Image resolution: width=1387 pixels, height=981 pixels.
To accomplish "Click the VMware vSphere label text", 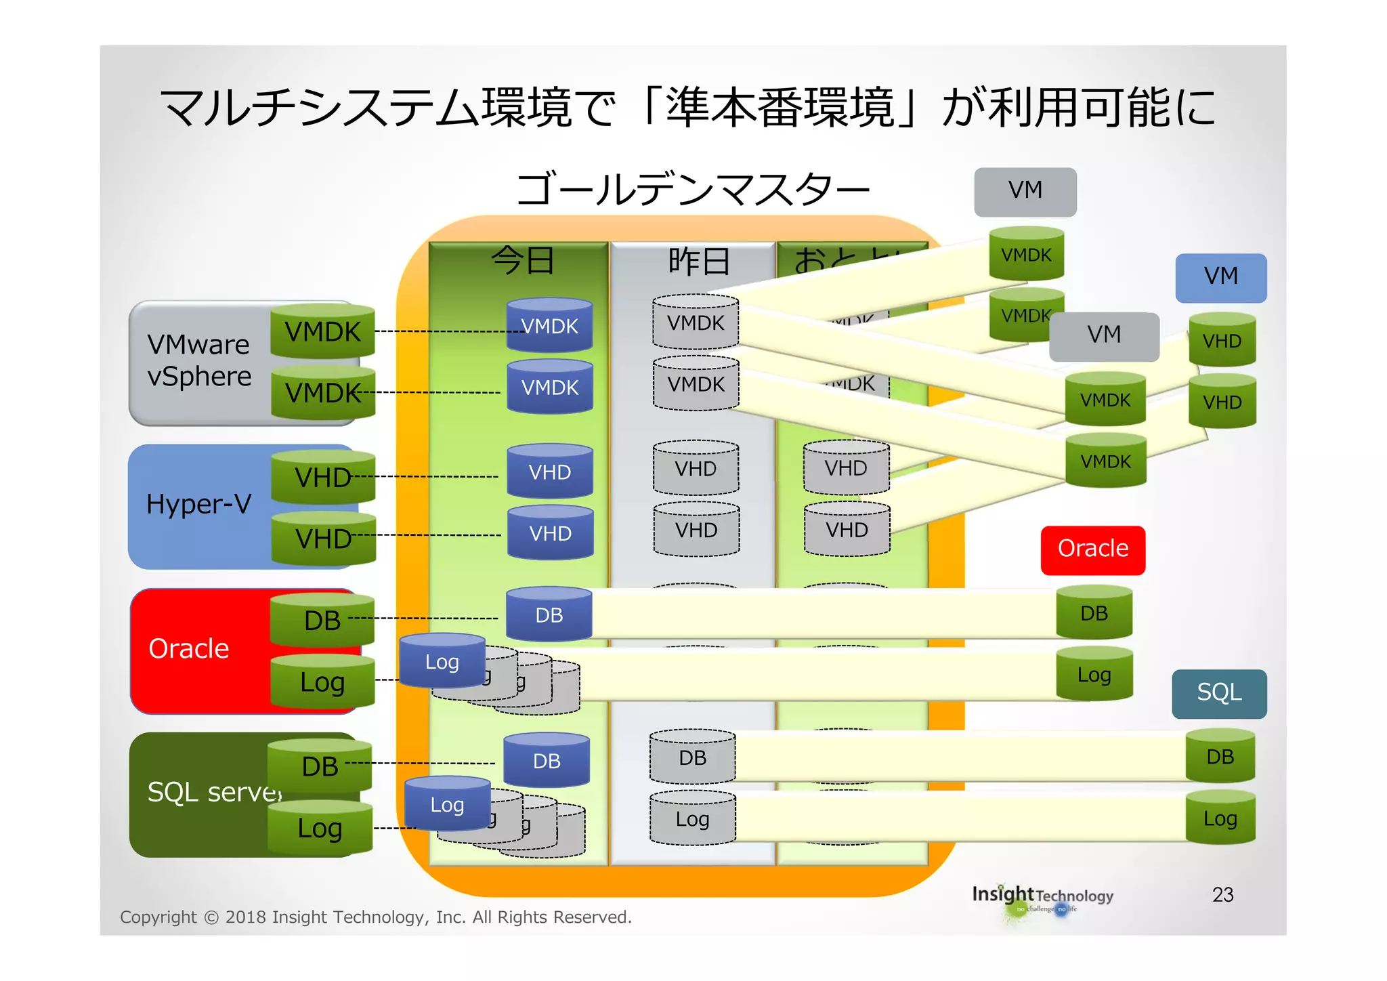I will (x=199, y=360).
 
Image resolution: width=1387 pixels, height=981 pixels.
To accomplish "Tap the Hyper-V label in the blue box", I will (x=199, y=504).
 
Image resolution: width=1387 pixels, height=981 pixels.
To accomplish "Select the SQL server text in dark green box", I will (x=214, y=791).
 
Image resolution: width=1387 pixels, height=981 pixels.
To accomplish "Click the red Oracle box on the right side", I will (x=1092, y=549).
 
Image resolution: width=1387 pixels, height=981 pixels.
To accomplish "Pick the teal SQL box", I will (x=1218, y=692).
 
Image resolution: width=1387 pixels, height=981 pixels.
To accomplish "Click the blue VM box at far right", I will (x=1220, y=276).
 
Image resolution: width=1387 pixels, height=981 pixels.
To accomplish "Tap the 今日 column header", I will (x=522, y=260).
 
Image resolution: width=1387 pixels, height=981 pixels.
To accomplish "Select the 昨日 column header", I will (x=699, y=262).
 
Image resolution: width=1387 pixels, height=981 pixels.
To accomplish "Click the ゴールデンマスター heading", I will (x=692, y=190).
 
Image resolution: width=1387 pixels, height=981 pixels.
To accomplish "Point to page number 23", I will (x=1222, y=895).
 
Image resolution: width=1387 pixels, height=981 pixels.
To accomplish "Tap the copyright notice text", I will (x=376, y=917).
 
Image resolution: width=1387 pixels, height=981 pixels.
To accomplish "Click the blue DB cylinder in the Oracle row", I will (x=549, y=614).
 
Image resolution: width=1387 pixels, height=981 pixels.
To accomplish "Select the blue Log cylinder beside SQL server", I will (x=447, y=804).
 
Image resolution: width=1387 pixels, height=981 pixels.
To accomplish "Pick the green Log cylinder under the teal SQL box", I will (x=1220, y=818).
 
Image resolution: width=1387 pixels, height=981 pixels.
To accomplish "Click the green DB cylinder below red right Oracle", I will (x=1094, y=613).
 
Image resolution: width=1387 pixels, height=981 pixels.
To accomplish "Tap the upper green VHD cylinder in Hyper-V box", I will (x=323, y=477).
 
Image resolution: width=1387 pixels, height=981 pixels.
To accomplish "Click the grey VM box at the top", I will (x=1025, y=191).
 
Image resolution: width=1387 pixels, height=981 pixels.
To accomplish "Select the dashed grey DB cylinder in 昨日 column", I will (x=692, y=757).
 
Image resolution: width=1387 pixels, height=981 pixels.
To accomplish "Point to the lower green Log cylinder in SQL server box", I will (x=320, y=828).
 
